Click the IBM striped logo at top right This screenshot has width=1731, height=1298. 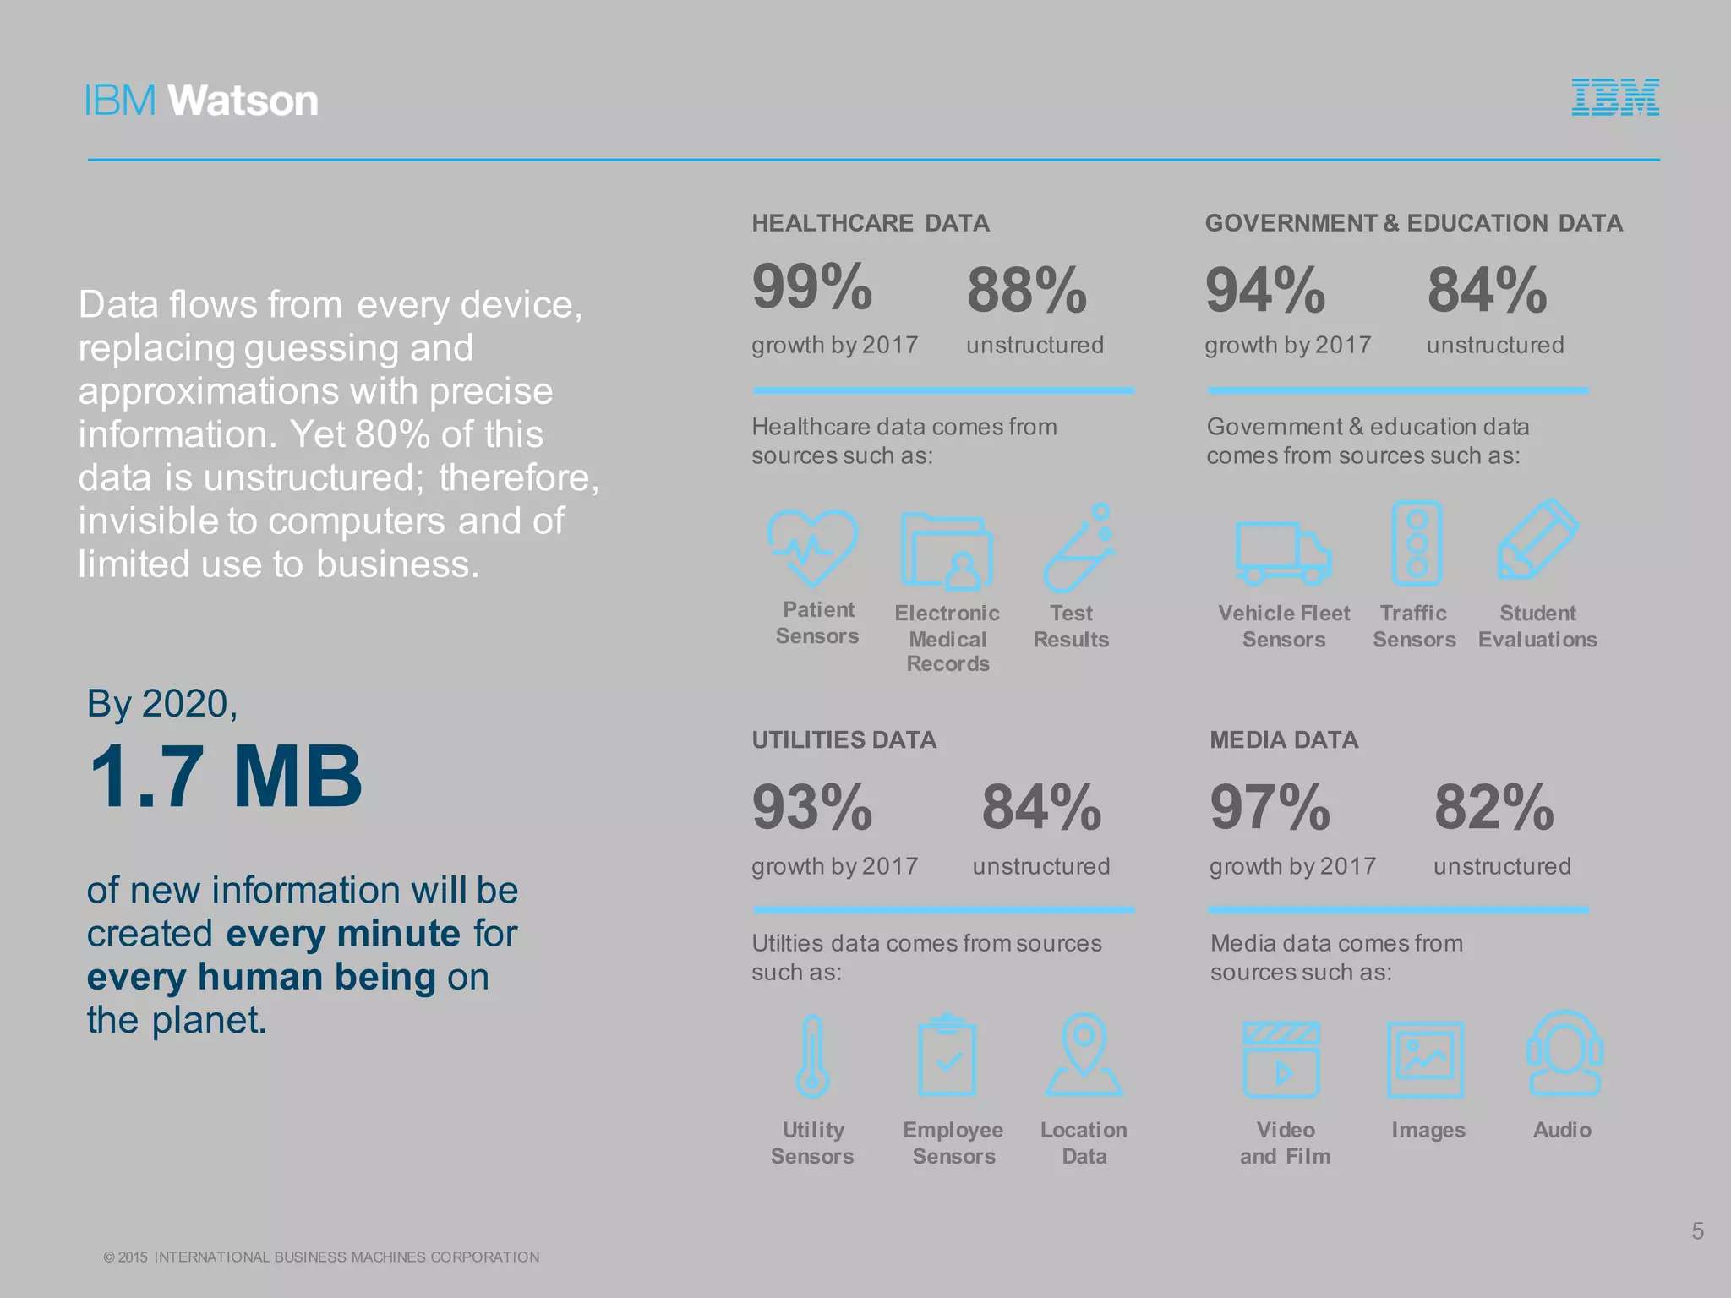coord(1614,97)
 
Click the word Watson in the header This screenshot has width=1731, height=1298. coord(243,101)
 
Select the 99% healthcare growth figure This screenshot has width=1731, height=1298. coord(811,287)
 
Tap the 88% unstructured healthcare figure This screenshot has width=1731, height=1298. coord(1026,291)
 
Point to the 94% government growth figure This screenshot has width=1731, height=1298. coord(1264,291)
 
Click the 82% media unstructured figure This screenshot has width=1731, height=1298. coord(1493,808)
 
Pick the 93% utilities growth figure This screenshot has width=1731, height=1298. coord(811,808)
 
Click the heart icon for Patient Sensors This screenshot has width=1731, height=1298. coord(812,548)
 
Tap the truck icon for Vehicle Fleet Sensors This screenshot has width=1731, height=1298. coord(1282,554)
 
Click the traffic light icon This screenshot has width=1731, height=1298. coord(1417,543)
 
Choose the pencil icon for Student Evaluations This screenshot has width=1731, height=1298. coord(1537,541)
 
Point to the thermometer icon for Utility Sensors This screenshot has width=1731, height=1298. coord(812,1056)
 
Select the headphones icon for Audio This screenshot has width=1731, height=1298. coord(1564,1055)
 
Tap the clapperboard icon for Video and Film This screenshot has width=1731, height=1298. coord(1281,1060)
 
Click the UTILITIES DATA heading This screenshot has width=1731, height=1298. coord(844,740)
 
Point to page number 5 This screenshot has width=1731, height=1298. coord(1697,1231)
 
